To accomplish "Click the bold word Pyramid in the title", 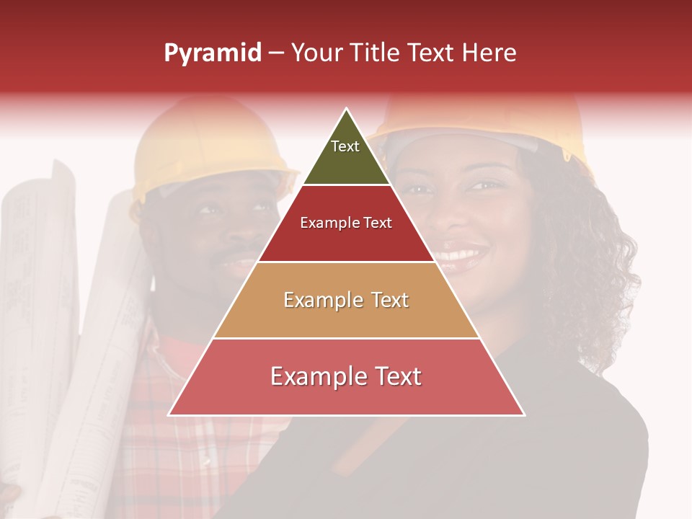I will [213, 53].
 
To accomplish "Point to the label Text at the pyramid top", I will [345, 146].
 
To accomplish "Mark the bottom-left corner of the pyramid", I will [169, 414].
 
